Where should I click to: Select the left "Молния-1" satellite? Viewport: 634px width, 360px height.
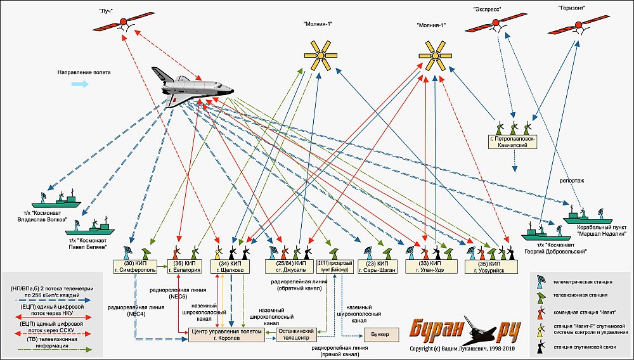pos(322,55)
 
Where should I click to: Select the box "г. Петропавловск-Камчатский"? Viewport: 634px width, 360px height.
pos(513,141)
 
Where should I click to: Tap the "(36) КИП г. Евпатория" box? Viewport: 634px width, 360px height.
pos(187,266)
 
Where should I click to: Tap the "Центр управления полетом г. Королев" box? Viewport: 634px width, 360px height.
pos(226,335)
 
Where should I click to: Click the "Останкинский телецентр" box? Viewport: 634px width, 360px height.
pos(295,335)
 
